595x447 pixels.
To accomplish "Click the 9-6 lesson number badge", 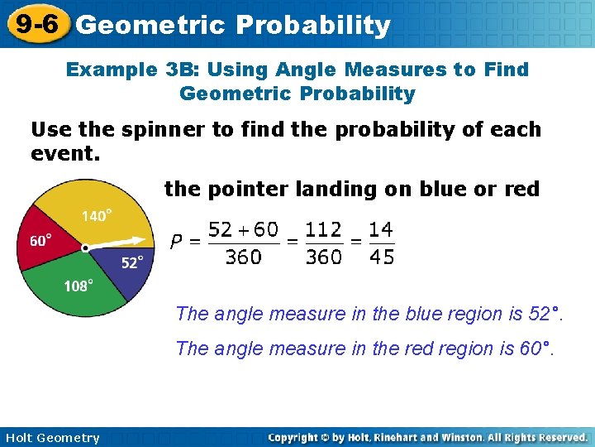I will (36, 24).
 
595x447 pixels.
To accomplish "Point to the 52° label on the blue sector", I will (132, 262).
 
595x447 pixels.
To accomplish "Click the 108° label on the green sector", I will (79, 286).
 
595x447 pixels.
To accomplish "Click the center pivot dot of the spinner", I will (85, 248).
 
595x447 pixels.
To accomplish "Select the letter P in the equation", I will (176, 243).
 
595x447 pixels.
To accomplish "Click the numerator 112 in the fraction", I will (323, 228).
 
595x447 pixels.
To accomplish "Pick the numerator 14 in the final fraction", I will (382, 228).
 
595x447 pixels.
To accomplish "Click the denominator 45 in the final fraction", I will (382, 257).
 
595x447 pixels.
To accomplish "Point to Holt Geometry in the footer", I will (51, 438).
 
